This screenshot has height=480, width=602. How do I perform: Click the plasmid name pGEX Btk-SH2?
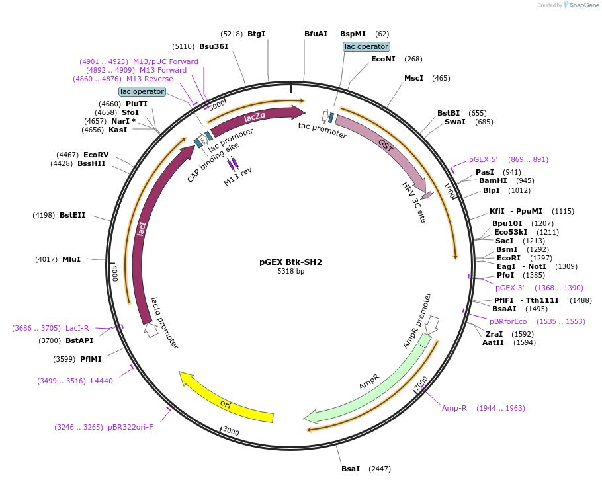(290, 262)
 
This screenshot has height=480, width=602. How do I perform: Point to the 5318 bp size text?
(290, 272)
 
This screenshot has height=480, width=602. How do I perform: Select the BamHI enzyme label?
(493, 180)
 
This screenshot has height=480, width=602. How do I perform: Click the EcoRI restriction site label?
(509, 258)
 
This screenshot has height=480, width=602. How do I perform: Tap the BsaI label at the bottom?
(351, 469)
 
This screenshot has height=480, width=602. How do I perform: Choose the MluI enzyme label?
(71, 259)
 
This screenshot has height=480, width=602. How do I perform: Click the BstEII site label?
(73, 215)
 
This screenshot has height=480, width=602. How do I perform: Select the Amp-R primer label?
(454, 408)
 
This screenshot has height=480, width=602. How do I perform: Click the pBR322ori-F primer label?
(130, 427)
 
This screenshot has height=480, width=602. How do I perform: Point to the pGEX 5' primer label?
(483, 159)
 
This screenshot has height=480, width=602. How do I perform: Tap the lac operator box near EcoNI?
(366, 46)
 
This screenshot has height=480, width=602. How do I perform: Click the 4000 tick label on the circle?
(114, 272)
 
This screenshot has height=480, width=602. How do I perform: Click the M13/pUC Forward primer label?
(165, 61)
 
